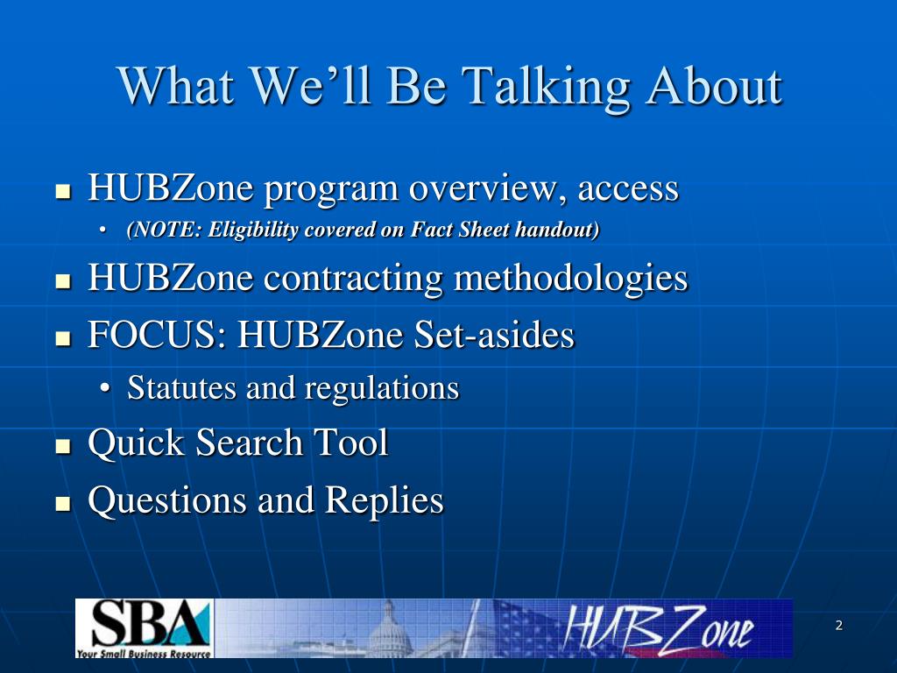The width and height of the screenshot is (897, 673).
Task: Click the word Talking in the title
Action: (546, 87)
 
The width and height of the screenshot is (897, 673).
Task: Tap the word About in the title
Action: (714, 85)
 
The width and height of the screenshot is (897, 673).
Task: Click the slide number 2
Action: (838, 625)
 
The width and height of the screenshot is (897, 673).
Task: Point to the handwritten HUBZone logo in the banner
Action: (658, 628)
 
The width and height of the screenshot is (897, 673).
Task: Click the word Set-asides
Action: (494, 334)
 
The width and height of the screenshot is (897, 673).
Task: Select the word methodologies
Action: (570, 279)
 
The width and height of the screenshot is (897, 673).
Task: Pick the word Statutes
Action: (181, 387)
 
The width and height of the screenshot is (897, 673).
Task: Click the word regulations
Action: (382, 389)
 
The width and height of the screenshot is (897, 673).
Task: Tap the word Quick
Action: (136, 443)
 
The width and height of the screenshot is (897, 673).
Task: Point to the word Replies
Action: (384, 501)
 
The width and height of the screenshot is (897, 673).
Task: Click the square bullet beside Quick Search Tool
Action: (63, 446)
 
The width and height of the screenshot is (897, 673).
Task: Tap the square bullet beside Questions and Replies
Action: (63, 503)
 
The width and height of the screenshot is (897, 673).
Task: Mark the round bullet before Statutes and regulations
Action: (104, 389)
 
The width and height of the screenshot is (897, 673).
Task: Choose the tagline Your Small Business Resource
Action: (144, 653)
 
